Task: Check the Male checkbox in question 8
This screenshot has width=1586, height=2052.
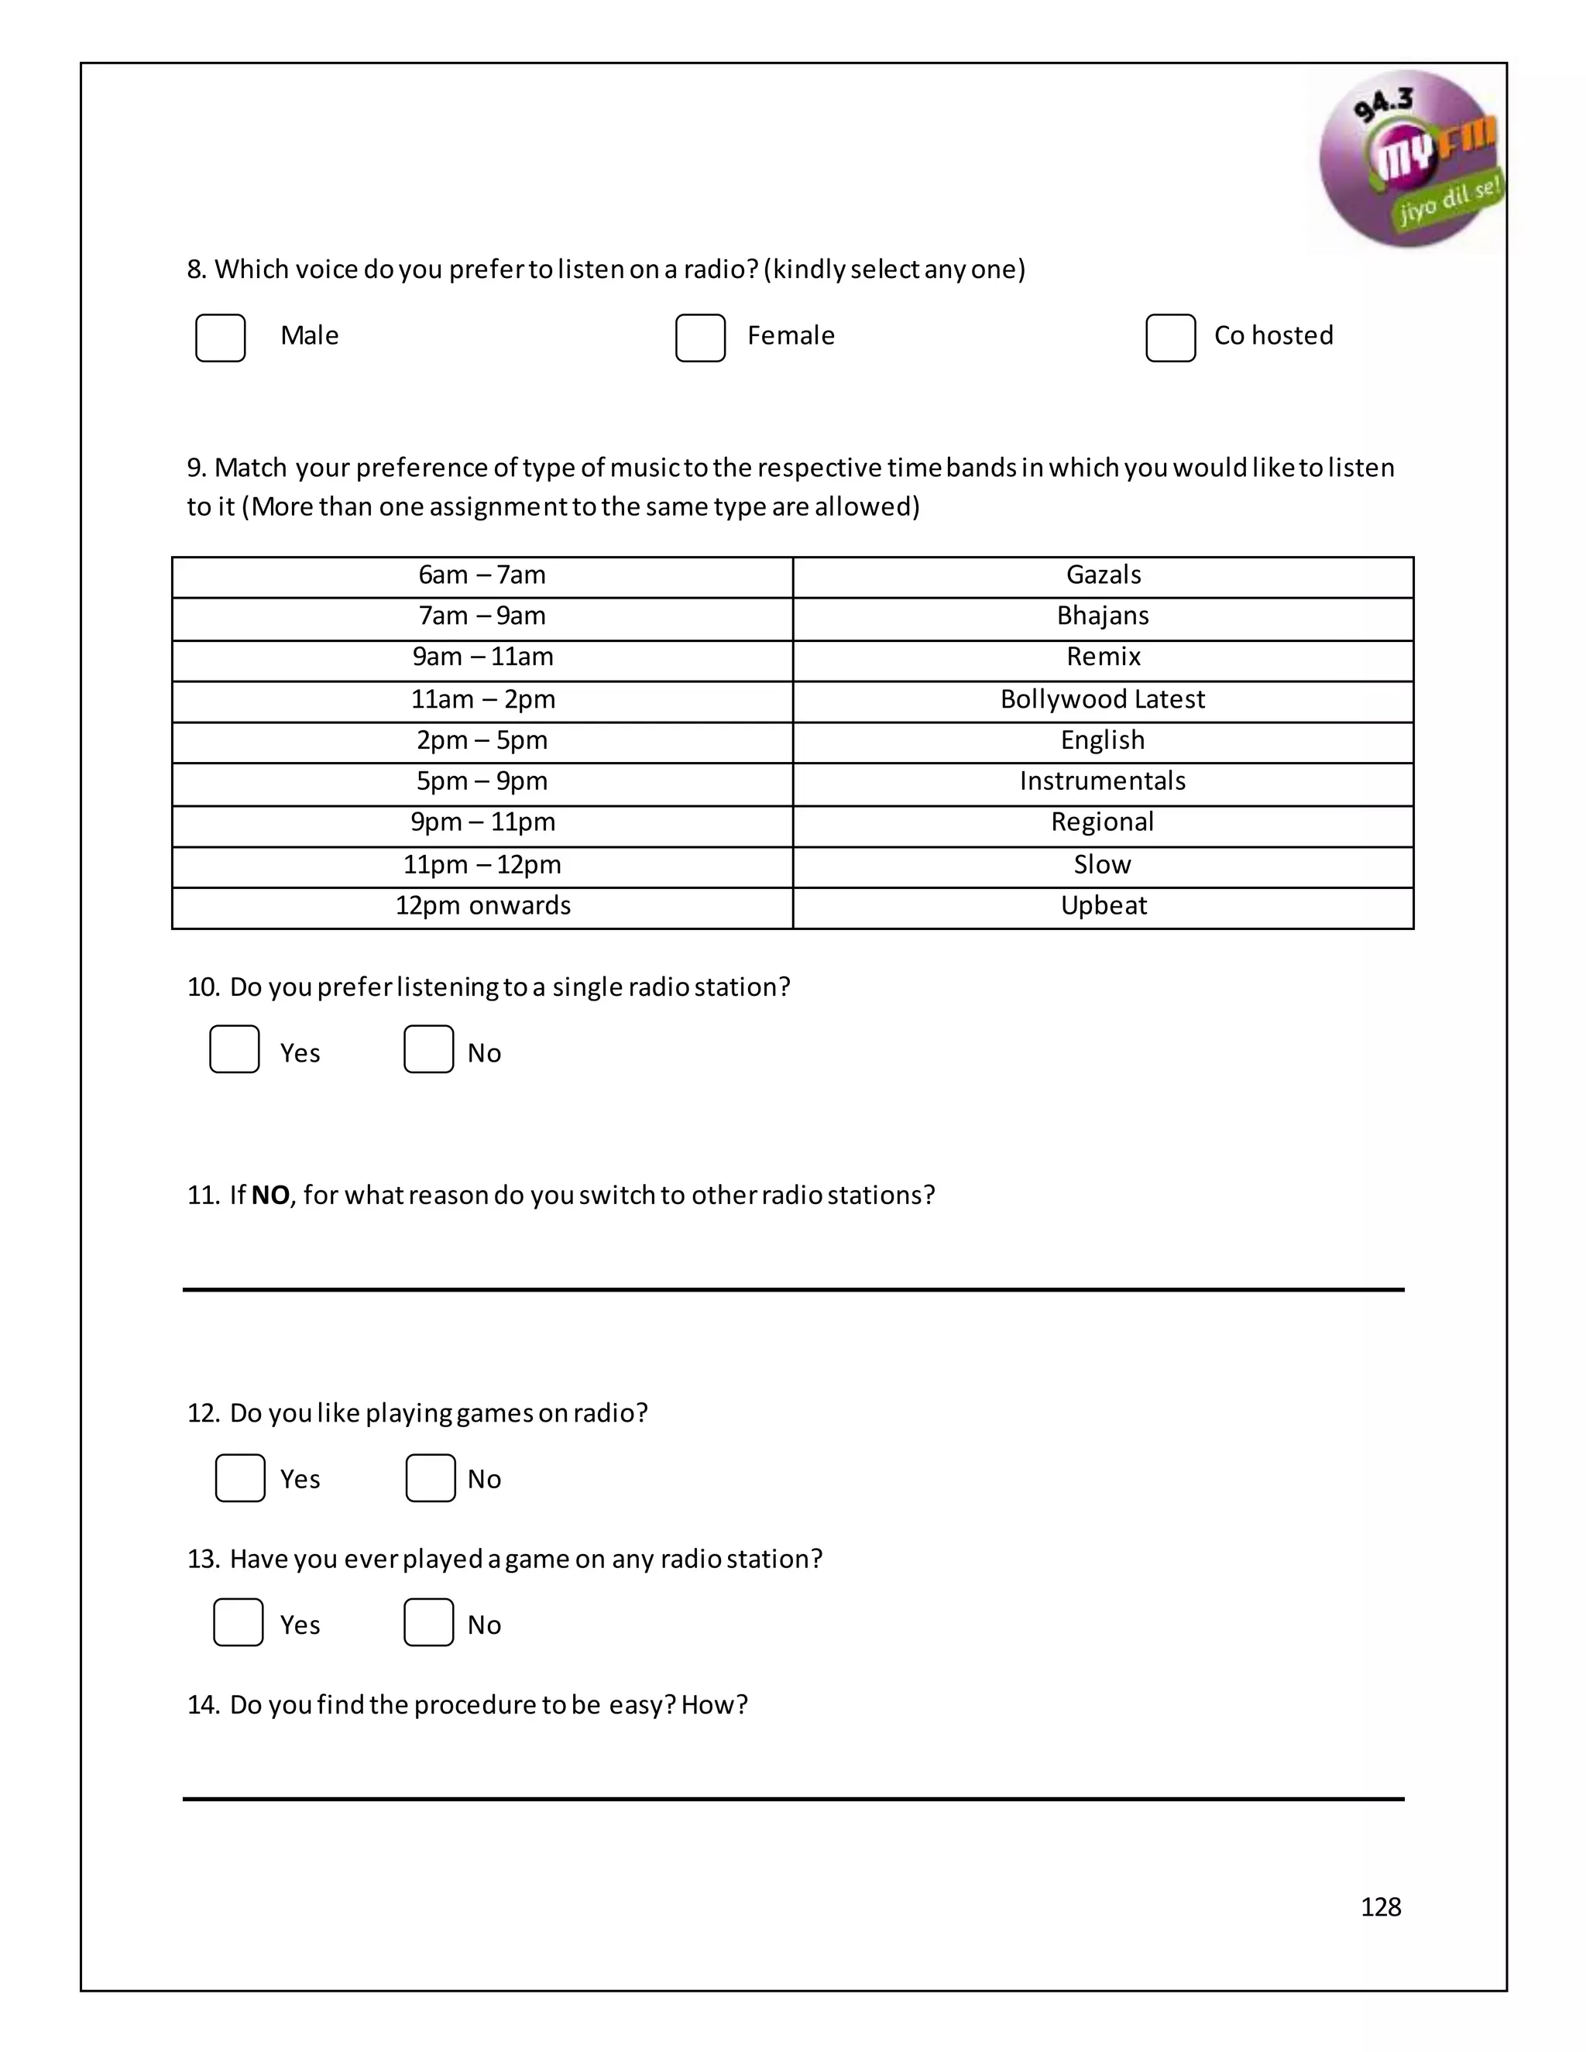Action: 220,338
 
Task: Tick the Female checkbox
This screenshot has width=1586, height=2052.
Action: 700,338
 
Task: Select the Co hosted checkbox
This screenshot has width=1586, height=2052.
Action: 1170,338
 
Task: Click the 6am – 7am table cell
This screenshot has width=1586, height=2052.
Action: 482,576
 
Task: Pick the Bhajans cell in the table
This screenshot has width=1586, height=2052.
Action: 1102,617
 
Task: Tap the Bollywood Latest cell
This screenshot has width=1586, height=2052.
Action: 1102,701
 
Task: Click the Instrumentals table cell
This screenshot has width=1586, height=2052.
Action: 1102,783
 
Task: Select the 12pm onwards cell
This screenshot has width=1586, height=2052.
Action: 482,908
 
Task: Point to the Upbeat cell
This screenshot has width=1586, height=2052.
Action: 1102,908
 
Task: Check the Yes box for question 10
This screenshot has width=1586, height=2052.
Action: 234,1049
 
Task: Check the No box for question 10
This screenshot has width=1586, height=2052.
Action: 428,1049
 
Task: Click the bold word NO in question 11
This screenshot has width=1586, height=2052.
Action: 270,1196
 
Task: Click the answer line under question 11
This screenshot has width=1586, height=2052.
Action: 793,1289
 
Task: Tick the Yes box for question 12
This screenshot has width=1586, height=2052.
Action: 239,1478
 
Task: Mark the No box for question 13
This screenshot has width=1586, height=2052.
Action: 428,1622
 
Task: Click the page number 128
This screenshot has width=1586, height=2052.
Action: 1380,1906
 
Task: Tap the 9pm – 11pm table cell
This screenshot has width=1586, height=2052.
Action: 482,824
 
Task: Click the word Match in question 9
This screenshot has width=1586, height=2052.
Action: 250,468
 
